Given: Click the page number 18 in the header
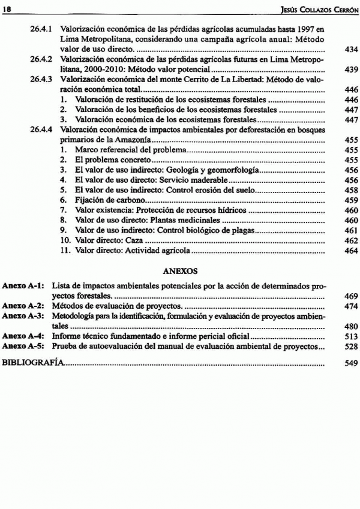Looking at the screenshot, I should pyautogui.click(x=10, y=7).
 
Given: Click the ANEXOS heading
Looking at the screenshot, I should pyautogui.click(x=181, y=271).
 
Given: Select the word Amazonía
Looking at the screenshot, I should pyautogui.click(x=131, y=139).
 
